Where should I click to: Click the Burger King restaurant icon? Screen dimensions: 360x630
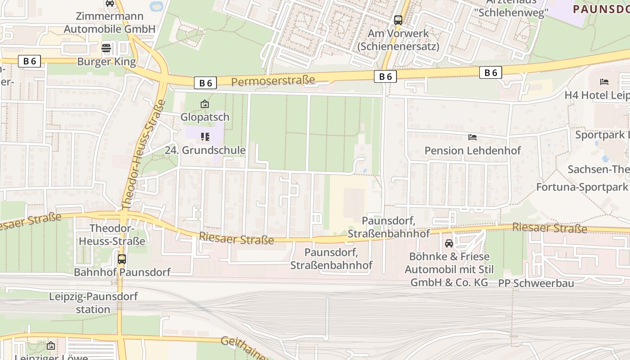tap(106, 48)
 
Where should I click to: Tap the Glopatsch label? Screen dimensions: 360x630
tap(205, 117)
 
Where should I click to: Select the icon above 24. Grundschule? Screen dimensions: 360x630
tap(205, 136)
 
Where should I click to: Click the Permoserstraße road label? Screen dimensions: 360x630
tap(273, 81)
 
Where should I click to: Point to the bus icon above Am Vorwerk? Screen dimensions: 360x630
tap(398, 20)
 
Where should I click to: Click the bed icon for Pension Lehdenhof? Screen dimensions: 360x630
tap(472, 137)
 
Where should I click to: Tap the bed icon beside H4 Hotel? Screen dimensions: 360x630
tap(604, 82)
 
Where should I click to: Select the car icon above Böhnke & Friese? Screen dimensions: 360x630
tap(449, 243)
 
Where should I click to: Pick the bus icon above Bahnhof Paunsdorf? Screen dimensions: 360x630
tap(121, 259)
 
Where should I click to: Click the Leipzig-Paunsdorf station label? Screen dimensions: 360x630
tap(93, 303)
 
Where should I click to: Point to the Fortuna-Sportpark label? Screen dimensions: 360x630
tap(582, 187)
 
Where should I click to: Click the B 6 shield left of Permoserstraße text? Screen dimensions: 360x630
tap(206, 83)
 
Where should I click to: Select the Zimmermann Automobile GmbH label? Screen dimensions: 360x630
tap(109, 22)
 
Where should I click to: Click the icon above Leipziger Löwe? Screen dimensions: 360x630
tap(51, 346)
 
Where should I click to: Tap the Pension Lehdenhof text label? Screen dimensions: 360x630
tap(472, 151)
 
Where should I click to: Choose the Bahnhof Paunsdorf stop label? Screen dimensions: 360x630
tap(122, 272)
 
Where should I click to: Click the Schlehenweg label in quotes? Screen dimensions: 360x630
tap(511, 12)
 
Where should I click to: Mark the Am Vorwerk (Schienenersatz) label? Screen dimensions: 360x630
tap(398, 40)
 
